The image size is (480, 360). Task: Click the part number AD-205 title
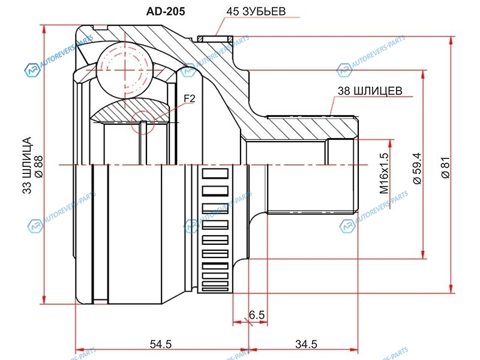166,11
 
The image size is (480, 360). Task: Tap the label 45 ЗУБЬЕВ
256,11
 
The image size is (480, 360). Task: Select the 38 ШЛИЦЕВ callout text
370,91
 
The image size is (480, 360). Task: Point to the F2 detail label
190,98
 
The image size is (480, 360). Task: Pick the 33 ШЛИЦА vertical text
27,166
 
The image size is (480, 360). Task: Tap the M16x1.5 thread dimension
384,173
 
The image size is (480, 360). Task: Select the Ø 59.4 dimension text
417,169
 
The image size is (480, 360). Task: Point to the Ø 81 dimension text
445,167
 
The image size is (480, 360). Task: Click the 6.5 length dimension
257,314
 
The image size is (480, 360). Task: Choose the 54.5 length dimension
161,344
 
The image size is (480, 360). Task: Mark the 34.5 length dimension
306,344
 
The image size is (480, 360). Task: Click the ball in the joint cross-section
124,70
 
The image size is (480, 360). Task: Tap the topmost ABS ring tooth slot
215,173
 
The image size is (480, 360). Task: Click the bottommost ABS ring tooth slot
215,289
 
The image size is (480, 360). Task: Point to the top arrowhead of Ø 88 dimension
45,29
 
